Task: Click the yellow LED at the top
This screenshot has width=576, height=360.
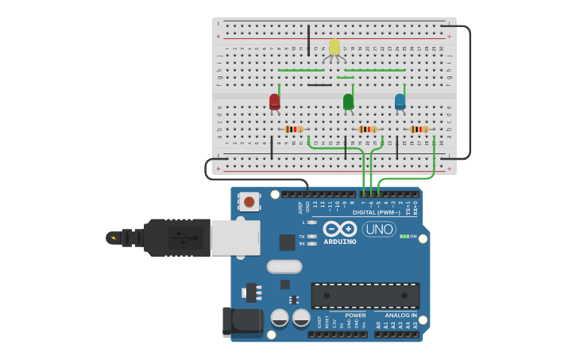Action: (x=334, y=47)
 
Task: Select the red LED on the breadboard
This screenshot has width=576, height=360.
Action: (x=274, y=102)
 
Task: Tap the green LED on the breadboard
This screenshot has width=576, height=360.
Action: (x=348, y=101)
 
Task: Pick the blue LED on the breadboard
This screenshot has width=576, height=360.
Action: (x=400, y=101)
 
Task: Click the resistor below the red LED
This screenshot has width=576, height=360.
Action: (x=294, y=130)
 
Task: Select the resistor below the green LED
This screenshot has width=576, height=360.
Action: (x=367, y=130)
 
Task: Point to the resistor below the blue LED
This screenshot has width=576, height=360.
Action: (x=419, y=130)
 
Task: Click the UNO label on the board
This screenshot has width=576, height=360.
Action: (x=379, y=229)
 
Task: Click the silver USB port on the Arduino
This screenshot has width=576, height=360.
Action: (x=234, y=237)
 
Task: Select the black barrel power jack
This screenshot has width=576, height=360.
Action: (x=242, y=322)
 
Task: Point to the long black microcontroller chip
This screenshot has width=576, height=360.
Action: (x=365, y=296)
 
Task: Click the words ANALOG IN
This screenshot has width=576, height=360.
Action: (x=396, y=315)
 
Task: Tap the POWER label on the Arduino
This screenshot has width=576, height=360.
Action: (x=355, y=315)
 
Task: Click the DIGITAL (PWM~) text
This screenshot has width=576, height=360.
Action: (x=376, y=212)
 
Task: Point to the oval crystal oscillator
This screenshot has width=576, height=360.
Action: (x=284, y=266)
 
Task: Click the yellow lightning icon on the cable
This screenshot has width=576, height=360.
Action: (x=114, y=237)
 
